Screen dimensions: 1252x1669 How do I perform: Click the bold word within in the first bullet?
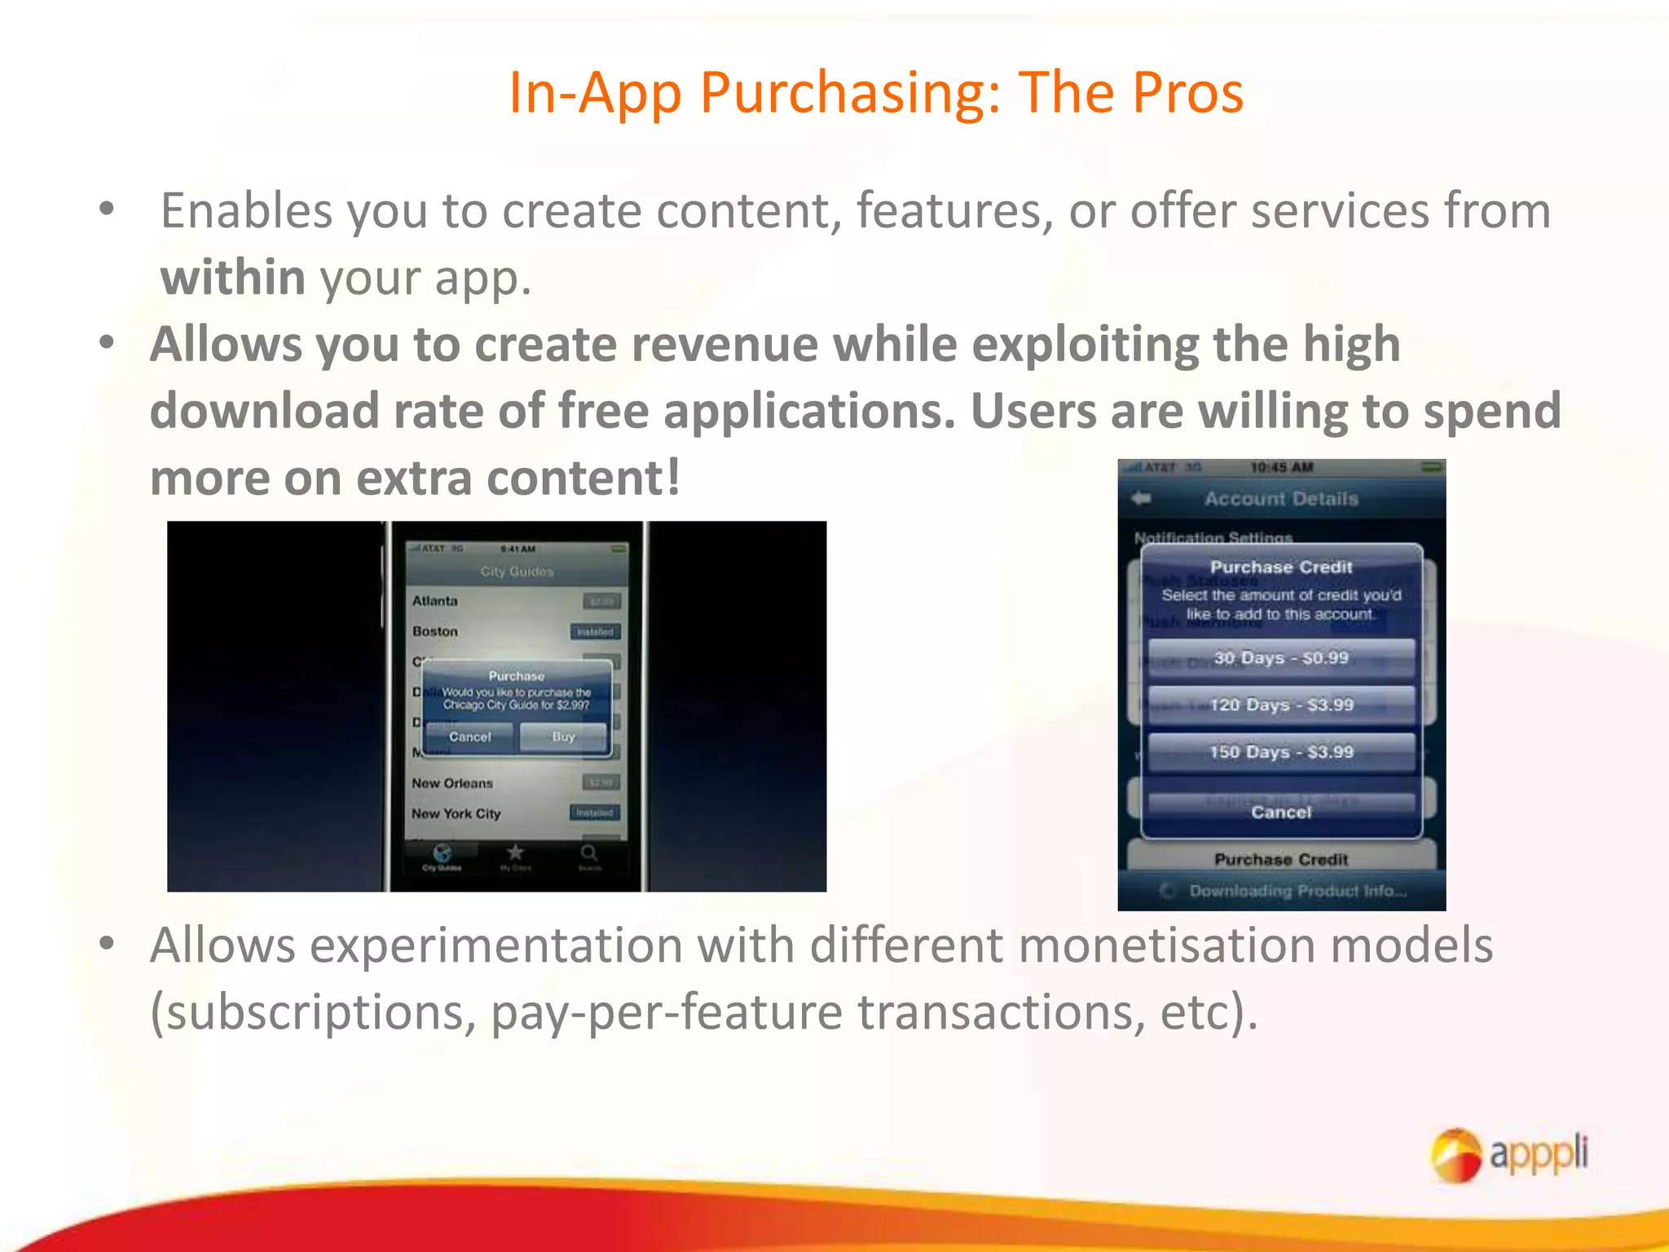pyautogui.click(x=233, y=277)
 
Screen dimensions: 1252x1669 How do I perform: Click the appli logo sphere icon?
pyautogui.click(x=1455, y=1154)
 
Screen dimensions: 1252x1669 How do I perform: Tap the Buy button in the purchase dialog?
pyautogui.click(x=563, y=737)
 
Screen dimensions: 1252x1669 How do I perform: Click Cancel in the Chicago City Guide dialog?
pyautogui.click(x=469, y=737)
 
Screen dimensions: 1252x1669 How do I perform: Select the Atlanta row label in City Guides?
pyautogui.click(x=434, y=601)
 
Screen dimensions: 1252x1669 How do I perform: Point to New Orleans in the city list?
pyautogui.click(x=452, y=783)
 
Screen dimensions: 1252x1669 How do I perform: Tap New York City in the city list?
pyautogui.click(x=456, y=813)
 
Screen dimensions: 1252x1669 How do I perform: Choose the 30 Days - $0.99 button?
pyautogui.click(x=1281, y=658)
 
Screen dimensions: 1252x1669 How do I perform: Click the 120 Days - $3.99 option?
pyautogui.click(x=1281, y=705)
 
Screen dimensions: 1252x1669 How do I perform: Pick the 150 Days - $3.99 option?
pyautogui.click(x=1281, y=752)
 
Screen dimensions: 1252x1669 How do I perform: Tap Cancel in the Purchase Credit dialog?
pyautogui.click(x=1281, y=812)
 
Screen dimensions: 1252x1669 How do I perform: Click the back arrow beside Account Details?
pyautogui.click(x=1141, y=498)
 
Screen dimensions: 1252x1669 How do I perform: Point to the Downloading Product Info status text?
pyautogui.click(x=1297, y=891)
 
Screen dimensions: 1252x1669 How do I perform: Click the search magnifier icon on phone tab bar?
pyautogui.click(x=589, y=853)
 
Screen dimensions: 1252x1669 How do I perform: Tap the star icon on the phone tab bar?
pyautogui.click(x=515, y=853)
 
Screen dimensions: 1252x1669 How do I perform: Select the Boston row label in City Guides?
pyautogui.click(x=434, y=632)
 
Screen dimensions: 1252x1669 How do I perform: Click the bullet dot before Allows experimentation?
pyautogui.click(x=107, y=943)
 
